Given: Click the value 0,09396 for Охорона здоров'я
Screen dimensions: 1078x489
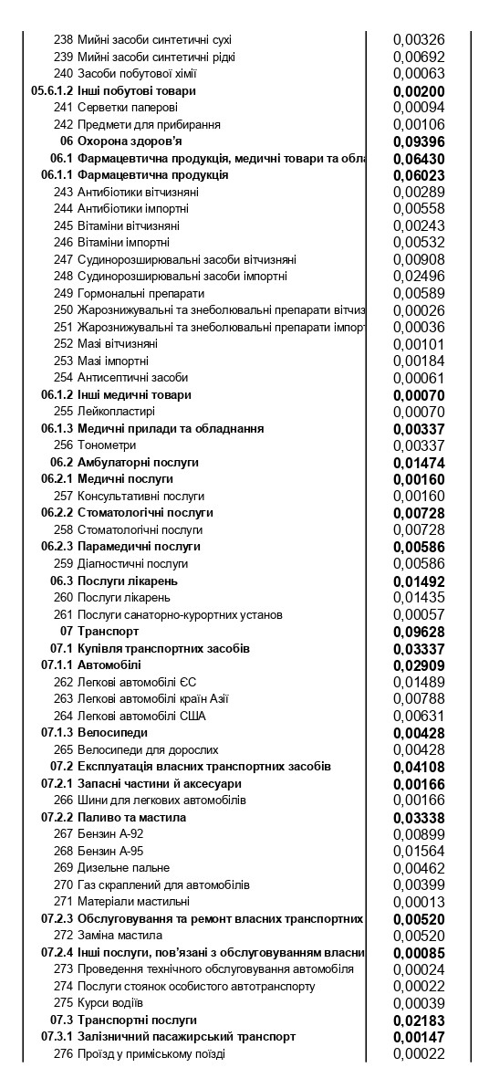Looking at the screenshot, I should (418, 141).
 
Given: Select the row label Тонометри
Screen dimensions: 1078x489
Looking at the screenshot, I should (107, 445).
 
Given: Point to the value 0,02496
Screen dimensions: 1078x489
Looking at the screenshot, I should (418, 277).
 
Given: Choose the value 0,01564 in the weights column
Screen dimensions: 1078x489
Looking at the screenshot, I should (418, 851).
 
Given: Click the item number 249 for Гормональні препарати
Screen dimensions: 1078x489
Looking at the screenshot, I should (63, 293).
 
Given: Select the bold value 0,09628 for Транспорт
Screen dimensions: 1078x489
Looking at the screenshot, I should (418, 632).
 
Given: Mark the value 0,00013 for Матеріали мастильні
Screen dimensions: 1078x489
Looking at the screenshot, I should (418, 902).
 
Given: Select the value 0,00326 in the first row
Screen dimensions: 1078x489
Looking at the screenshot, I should (418, 40).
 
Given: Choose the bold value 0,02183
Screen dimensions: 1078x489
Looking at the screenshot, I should (418, 1020).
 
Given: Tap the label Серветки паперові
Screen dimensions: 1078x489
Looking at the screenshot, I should (120, 108).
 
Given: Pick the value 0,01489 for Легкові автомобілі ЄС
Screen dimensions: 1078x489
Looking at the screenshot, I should (418, 682).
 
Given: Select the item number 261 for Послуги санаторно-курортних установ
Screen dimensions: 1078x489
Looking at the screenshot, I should (63, 614).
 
